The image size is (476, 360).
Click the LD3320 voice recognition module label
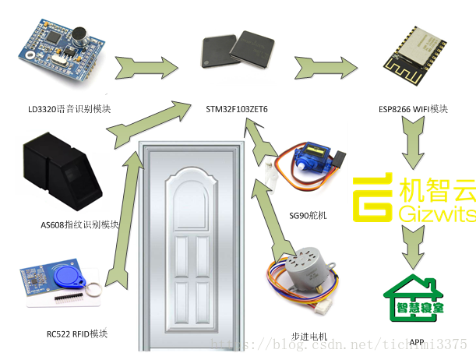[x=64, y=109]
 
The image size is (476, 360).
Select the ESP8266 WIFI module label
[x=412, y=109]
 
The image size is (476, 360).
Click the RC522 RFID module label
[x=76, y=334]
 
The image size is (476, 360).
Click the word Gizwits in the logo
[x=435, y=213]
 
